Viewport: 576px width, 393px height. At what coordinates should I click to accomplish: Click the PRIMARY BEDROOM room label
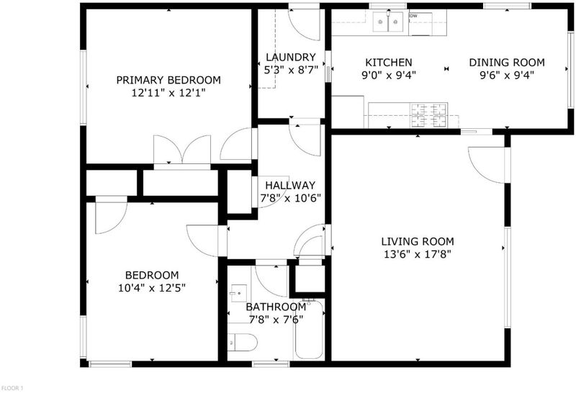[168, 80]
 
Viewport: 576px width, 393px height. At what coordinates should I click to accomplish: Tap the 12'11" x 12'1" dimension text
[168, 93]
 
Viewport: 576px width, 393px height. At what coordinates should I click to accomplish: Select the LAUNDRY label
[291, 58]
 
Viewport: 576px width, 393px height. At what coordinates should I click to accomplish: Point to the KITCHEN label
[389, 63]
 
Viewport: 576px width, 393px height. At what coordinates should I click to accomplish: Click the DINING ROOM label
[507, 63]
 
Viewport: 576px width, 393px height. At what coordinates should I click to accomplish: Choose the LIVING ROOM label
[418, 241]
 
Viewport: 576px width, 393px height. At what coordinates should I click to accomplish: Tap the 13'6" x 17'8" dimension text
[418, 254]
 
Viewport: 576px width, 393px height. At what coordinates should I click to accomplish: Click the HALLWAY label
[290, 185]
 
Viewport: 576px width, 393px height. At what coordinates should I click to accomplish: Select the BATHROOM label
[276, 307]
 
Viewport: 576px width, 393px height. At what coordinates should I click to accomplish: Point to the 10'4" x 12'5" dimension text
[152, 288]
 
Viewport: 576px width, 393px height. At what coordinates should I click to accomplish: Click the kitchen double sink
[387, 22]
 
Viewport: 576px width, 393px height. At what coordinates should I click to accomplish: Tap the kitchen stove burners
[428, 115]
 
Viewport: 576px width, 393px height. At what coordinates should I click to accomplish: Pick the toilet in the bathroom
[242, 343]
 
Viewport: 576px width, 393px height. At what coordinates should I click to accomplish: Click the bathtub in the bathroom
[309, 329]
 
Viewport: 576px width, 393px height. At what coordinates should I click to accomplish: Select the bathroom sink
[238, 293]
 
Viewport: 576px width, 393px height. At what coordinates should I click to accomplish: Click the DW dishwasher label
[413, 16]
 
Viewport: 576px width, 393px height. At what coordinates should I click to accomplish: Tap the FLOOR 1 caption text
[12, 388]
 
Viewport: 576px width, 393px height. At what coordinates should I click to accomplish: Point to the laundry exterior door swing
[304, 24]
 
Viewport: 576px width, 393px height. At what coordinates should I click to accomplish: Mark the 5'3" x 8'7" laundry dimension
[291, 70]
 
